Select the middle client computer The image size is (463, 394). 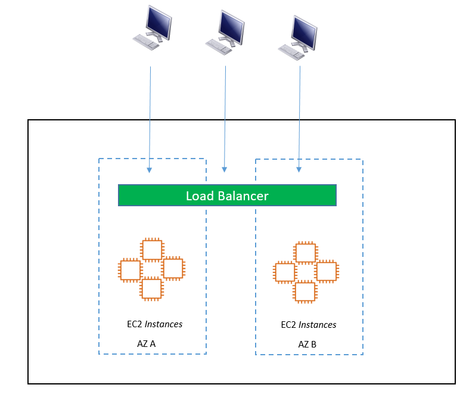click(227, 31)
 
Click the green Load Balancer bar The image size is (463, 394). click(227, 196)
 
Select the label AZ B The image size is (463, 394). click(307, 345)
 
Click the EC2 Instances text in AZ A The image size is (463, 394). click(150, 324)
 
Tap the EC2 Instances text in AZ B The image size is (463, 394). click(308, 325)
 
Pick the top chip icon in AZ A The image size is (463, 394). click(151, 249)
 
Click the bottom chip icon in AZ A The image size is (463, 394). click(151, 288)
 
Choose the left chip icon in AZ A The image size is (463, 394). click(130, 269)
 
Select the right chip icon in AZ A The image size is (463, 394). click(172, 269)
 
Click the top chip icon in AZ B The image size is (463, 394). click(305, 253)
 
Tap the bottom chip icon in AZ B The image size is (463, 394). click(305, 292)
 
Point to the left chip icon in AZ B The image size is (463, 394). click(284, 272)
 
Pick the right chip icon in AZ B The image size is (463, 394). click(326, 272)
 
